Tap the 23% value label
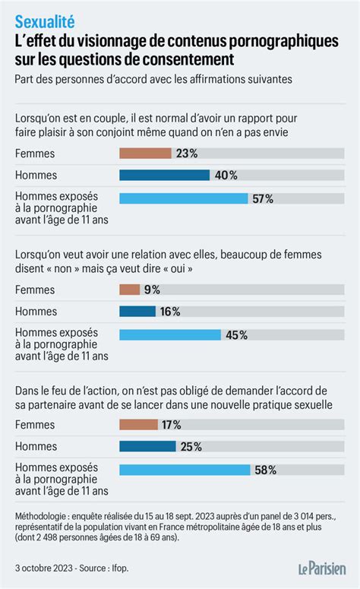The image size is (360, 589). click(x=187, y=153)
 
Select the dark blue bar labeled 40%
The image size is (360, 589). click(x=164, y=175)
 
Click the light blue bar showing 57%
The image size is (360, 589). click(x=184, y=198)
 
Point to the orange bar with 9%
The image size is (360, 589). click(x=130, y=289)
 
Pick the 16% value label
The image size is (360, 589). click(x=171, y=311)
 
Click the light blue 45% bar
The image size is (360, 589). click(x=170, y=334)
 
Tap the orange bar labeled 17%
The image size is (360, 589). click(x=139, y=424)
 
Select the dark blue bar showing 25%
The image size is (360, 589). click(x=149, y=446)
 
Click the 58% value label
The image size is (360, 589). click(x=265, y=470)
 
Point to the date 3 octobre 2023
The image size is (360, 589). click(x=44, y=568)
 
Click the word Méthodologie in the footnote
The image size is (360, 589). click(x=43, y=516)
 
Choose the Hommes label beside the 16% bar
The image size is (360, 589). click(x=35, y=311)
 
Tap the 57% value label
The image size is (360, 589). click(x=264, y=198)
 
